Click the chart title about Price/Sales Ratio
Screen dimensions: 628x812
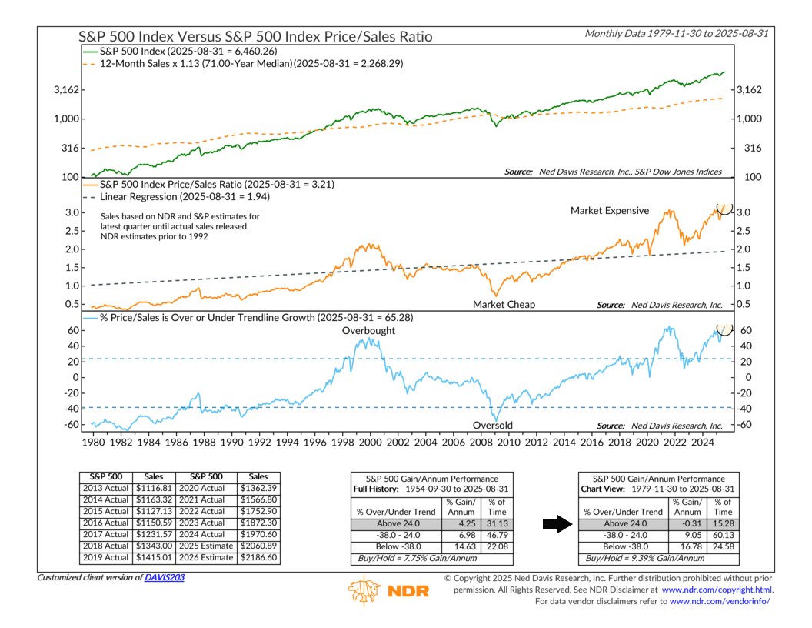256,36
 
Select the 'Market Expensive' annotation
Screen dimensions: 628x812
610,211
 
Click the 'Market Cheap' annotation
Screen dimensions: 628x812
504,305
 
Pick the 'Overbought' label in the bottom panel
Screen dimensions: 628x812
369,331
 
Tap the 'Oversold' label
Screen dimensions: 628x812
493,426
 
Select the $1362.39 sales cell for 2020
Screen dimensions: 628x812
258,488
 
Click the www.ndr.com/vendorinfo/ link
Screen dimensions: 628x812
720,601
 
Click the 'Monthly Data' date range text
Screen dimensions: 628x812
678,33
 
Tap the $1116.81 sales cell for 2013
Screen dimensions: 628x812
153,488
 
